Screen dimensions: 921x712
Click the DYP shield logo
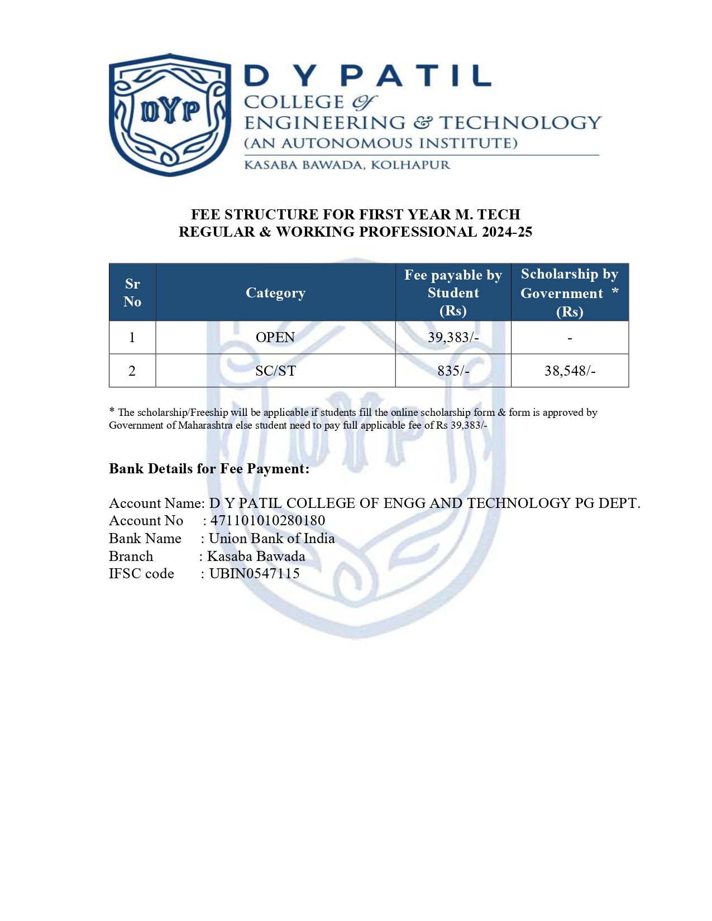(170, 114)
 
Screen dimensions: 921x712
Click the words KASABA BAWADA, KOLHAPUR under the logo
(347, 165)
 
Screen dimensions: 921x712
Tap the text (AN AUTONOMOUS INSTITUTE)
(381, 143)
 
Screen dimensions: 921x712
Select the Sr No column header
(132, 292)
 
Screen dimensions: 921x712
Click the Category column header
(275, 293)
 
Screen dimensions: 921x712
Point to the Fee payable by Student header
(453, 292)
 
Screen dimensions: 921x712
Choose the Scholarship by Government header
(569, 292)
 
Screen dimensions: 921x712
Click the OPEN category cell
(275, 337)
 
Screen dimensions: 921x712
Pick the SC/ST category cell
(275, 371)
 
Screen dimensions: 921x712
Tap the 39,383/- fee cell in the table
(453, 337)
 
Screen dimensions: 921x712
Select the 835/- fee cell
(453, 371)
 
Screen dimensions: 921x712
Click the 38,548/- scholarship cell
(570, 371)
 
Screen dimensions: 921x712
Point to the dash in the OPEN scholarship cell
(570, 338)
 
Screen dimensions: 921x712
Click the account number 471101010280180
(267, 521)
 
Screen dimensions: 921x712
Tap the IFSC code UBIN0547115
(254, 574)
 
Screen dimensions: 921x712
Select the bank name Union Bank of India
(271, 539)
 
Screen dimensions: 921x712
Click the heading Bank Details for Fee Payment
(209, 469)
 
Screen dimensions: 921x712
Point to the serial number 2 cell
(132, 371)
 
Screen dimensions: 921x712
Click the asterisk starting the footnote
(112, 411)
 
